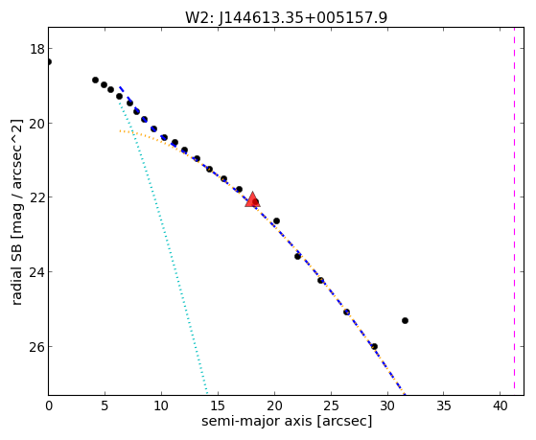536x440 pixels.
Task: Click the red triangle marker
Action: [252, 200]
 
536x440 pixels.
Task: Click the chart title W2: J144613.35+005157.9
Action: [287, 18]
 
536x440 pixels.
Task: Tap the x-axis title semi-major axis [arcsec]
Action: [287, 421]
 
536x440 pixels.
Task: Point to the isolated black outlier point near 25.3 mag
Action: [405, 321]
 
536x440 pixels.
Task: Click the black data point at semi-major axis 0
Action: [49, 62]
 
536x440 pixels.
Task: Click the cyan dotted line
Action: [163, 245]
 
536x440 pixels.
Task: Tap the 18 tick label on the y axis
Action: [37, 49]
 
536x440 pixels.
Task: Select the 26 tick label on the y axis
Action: [37, 347]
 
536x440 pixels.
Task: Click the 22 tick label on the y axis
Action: [37, 197]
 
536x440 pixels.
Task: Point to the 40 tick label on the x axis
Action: [501, 405]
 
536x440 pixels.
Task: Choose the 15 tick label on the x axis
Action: [218, 405]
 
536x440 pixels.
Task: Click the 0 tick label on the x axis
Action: [49, 405]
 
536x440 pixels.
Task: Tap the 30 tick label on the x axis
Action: [387, 405]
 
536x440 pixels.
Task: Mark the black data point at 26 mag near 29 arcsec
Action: [374, 346]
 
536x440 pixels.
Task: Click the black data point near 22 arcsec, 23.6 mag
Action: [298, 256]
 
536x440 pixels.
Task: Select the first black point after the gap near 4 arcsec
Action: [95, 80]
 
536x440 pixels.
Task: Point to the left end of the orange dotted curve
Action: [120, 131]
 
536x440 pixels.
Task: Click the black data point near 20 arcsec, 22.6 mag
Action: [276, 220]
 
